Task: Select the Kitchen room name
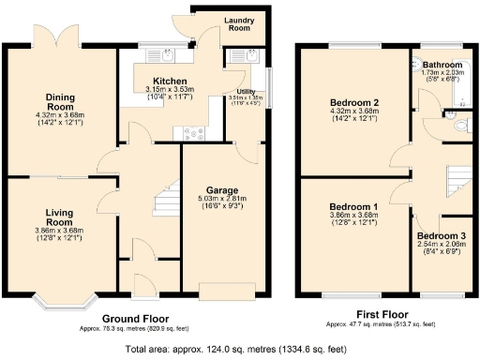[x=170, y=82]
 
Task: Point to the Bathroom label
[x=442, y=65]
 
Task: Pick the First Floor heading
[x=382, y=316]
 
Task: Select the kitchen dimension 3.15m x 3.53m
[x=170, y=90]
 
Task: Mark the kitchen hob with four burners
[x=195, y=132]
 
